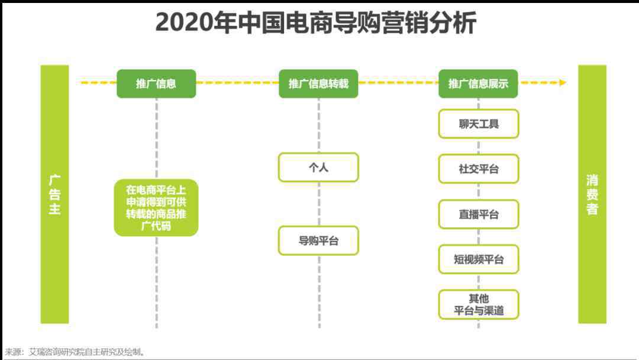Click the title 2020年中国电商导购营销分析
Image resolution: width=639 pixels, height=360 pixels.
tap(316, 22)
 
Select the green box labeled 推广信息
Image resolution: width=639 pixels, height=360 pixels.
tap(156, 83)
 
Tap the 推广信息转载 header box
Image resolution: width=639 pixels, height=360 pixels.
tap(318, 83)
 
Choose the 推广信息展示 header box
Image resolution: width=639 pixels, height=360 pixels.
tap(478, 83)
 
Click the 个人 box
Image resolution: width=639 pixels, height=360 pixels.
tap(318, 167)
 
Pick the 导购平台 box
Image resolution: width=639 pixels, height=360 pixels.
tap(318, 240)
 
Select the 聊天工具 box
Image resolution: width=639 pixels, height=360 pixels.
tap(479, 124)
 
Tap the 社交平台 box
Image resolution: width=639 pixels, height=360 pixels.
tap(479, 169)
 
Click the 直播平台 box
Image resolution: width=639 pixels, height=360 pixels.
tap(479, 214)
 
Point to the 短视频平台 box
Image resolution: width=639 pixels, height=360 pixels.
tap(479, 259)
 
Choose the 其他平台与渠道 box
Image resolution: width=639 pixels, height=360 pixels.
tap(479, 304)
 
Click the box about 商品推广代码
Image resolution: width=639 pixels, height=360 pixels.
tap(156, 207)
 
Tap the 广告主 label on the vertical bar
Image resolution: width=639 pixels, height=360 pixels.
tap(54, 194)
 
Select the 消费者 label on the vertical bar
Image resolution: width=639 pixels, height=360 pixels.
tap(592, 194)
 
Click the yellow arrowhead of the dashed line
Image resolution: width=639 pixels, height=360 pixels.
tap(563, 83)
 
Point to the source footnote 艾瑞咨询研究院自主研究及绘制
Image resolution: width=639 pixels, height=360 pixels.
tap(86, 352)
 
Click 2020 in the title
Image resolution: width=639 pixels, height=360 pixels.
tap(185, 23)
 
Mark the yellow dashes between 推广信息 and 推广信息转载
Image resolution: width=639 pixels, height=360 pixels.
tap(237, 83)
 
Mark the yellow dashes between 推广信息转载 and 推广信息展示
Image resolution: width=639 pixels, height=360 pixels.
tap(398, 83)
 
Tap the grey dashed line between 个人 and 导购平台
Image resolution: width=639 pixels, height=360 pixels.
tap(319, 204)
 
